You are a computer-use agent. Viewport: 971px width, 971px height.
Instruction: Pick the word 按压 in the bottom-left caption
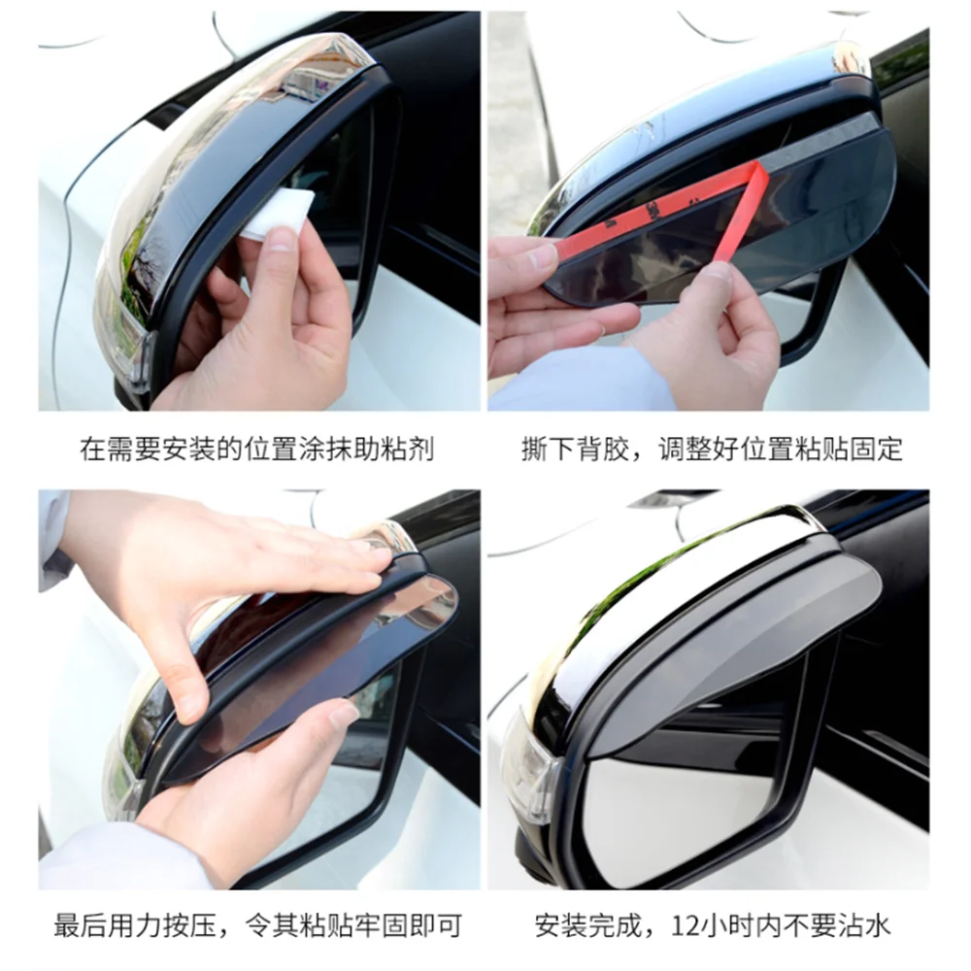point(193,925)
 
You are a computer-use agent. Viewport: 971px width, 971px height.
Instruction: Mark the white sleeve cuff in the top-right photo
point(583,384)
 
